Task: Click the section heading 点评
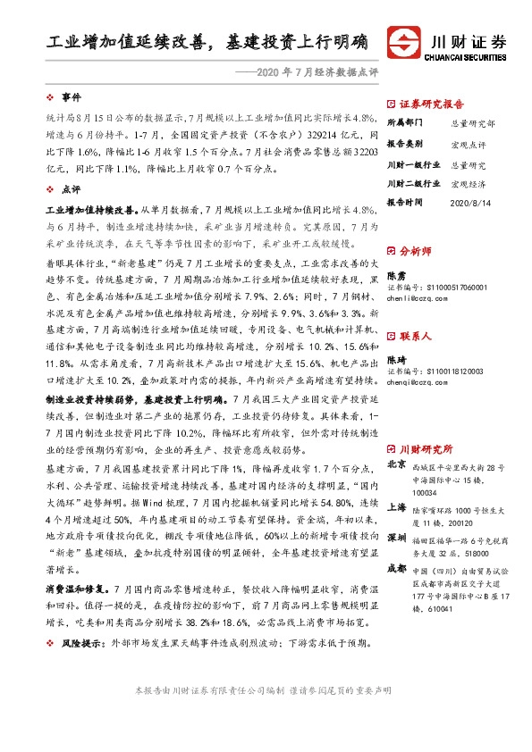pos(70,188)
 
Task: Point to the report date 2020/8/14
pos(470,203)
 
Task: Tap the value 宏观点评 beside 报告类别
pos(469,143)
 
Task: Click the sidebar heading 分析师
pos(416,252)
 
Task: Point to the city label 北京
pos(395,465)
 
